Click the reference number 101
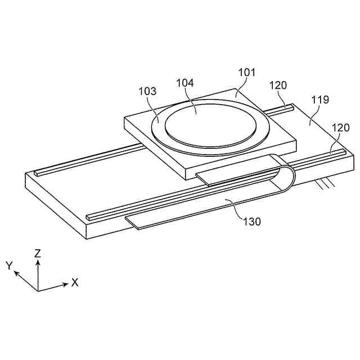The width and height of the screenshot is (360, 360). (246, 73)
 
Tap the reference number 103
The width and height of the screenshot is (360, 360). (147, 92)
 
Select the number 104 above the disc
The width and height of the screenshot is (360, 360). (184, 83)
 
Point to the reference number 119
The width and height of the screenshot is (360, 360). (319, 100)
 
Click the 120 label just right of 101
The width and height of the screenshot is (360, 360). (278, 85)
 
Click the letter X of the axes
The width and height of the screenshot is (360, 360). (75, 282)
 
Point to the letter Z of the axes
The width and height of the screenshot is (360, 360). (38, 254)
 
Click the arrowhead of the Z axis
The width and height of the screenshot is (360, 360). (38, 262)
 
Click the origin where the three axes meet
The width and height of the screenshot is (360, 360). (38, 290)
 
